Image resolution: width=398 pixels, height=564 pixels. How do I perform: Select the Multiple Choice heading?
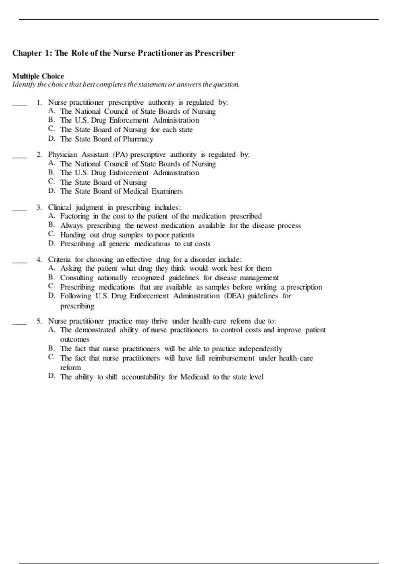point(38,76)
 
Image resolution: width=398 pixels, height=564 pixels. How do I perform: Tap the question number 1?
point(39,103)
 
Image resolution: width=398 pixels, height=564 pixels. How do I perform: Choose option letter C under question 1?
point(51,129)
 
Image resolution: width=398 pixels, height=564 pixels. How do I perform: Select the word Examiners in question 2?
point(167,191)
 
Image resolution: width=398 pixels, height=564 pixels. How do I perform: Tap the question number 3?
point(39,208)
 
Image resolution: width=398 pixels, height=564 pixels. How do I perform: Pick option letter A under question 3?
point(51,216)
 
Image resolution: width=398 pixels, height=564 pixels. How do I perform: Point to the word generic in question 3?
point(119,244)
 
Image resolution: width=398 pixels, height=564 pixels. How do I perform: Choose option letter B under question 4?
point(51,277)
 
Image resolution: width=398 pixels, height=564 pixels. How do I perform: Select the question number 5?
point(39,321)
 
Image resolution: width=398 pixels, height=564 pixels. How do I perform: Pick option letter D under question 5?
point(51,376)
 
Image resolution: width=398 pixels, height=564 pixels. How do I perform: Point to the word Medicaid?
point(194,377)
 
